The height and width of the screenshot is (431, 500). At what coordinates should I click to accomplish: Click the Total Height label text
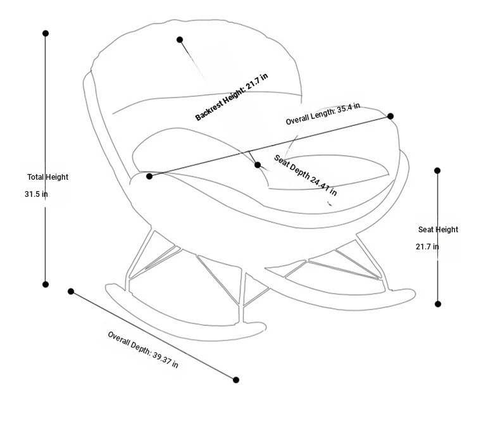[x=48, y=177]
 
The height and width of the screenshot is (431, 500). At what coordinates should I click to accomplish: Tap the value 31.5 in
[x=36, y=194]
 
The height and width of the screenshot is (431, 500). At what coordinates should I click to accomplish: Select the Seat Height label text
[x=438, y=230]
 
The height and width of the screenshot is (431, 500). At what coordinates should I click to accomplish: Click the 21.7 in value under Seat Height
[x=427, y=246]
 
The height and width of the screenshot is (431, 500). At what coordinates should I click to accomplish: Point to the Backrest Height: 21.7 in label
[x=232, y=97]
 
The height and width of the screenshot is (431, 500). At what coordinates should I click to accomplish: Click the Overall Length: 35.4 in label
[x=323, y=114]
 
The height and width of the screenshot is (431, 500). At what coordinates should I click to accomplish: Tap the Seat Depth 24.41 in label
[x=305, y=175]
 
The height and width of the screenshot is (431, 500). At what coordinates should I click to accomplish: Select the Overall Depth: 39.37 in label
[x=143, y=350]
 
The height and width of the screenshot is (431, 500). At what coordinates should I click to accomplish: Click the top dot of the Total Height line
[x=46, y=33]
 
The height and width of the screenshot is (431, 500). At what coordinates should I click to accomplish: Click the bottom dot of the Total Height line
[x=46, y=284]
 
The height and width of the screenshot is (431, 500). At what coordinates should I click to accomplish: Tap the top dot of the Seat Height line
[x=437, y=170]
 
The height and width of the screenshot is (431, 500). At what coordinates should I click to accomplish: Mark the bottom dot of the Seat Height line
[x=438, y=304]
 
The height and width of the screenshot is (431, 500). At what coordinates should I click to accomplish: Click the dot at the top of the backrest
[x=180, y=39]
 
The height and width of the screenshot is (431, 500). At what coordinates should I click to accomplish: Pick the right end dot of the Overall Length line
[x=391, y=116]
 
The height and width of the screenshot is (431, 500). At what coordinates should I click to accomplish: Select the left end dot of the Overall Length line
[x=149, y=176]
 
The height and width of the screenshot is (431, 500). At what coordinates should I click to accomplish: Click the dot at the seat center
[x=258, y=165]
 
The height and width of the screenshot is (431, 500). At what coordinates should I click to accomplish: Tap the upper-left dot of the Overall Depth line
[x=71, y=291]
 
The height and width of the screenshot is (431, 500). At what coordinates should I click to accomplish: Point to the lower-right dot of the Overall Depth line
[x=236, y=380]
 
